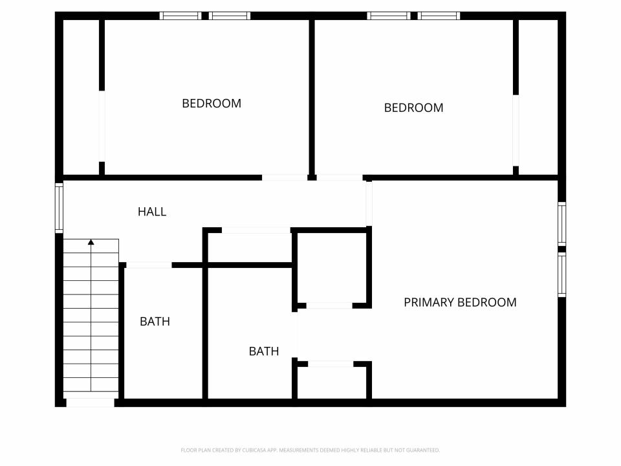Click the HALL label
tap(152, 212)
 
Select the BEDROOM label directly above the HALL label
tap(212, 104)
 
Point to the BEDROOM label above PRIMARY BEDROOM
tap(413, 108)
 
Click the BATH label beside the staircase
tap(155, 322)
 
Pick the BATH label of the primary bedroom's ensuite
tap(264, 351)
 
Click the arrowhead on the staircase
tap(91, 241)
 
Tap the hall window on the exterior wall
tap(59, 208)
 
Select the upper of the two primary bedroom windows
tap(561, 223)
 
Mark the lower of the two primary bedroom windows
tap(561, 274)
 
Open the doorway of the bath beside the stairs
tap(149, 265)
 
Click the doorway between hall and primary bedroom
tap(369, 204)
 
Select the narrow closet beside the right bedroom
tap(538, 97)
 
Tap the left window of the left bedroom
tap(180, 16)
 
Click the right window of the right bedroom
tap(439, 16)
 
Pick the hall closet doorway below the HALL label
tap(256, 230)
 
